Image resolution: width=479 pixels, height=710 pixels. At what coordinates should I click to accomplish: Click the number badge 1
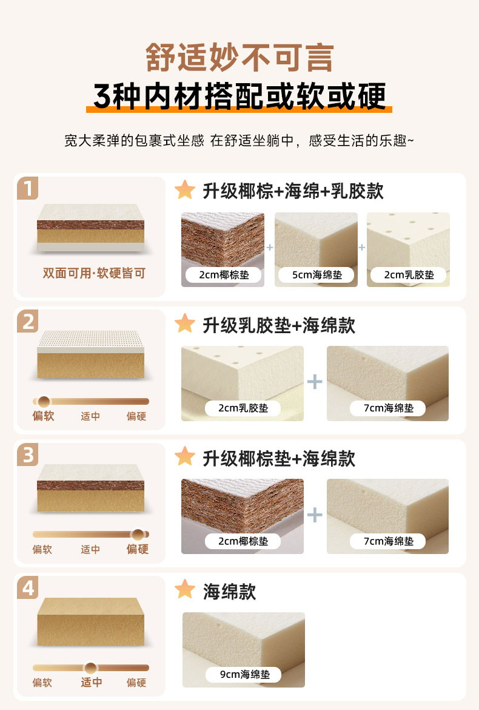point(28,188)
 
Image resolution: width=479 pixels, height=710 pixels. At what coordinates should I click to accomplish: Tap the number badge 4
point(28,588)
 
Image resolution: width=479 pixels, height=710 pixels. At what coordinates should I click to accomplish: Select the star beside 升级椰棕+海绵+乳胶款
point(185,190)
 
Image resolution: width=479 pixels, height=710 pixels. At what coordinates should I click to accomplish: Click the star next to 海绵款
point(185,590)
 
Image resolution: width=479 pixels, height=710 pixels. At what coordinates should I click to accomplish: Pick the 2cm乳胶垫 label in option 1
point(409,275)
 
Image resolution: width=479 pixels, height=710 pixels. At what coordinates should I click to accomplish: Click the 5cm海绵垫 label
point(317,275)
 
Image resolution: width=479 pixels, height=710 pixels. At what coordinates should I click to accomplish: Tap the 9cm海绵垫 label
point(244,674)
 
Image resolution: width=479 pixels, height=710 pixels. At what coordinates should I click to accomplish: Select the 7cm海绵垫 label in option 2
point(389,408)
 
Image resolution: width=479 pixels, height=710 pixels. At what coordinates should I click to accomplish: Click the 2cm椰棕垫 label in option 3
point(243,541)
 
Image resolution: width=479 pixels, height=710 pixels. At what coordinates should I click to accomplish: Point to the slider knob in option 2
point(44,402)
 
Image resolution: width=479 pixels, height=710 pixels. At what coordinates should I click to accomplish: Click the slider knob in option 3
point(138,535)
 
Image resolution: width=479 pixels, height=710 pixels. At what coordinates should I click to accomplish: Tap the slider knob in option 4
point(90,668)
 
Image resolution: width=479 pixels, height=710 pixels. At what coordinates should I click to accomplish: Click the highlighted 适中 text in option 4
point(92,682)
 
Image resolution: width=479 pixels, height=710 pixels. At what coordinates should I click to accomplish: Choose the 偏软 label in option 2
point(44,416)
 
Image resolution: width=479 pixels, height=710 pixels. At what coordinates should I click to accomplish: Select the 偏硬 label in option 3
point(138,549)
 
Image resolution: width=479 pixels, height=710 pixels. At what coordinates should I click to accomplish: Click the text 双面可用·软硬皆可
point(94,273)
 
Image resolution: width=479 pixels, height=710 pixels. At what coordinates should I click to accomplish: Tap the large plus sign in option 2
point(315,382)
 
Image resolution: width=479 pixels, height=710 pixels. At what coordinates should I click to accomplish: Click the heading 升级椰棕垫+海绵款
point(279,459)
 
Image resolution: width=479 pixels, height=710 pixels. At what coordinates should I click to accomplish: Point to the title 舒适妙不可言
point(239,58)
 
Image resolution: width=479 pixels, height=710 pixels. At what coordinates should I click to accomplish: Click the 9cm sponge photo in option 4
point(244,650)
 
